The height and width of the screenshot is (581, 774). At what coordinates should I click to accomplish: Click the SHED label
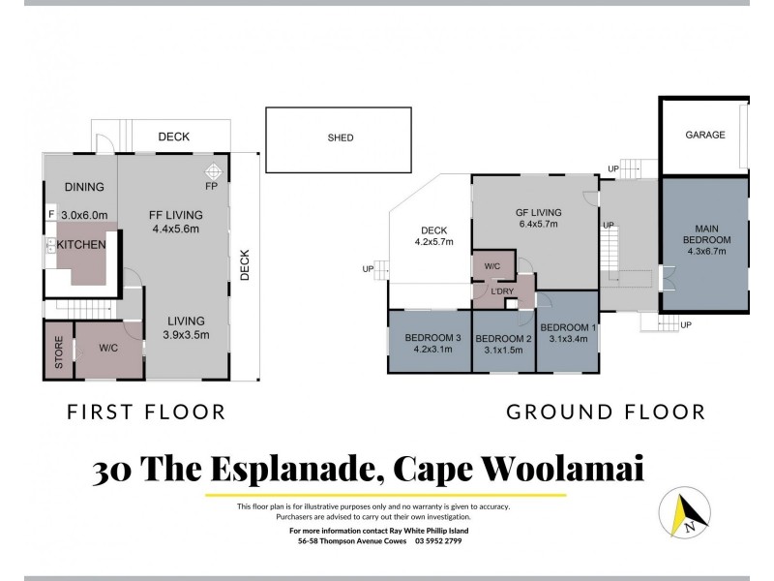tap(340, 138)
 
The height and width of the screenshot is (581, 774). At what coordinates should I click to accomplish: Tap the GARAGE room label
tap(704, 135)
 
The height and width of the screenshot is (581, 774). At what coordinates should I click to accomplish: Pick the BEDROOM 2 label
tap(504, 338)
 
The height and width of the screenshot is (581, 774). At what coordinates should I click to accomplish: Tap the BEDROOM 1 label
tap(568, 326)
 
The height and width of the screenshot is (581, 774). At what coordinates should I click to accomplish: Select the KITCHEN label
tap(80, 245)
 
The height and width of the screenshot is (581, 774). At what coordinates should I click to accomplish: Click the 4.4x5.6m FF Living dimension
tap(174, 229)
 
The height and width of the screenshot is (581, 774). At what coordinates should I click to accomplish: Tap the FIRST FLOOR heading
tap(145, 413)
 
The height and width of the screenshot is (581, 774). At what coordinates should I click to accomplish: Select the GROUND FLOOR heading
tap(606, 413)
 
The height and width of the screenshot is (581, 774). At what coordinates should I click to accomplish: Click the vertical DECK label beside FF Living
tap(245, 263)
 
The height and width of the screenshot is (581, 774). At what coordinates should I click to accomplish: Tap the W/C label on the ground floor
tap(491, 264)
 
